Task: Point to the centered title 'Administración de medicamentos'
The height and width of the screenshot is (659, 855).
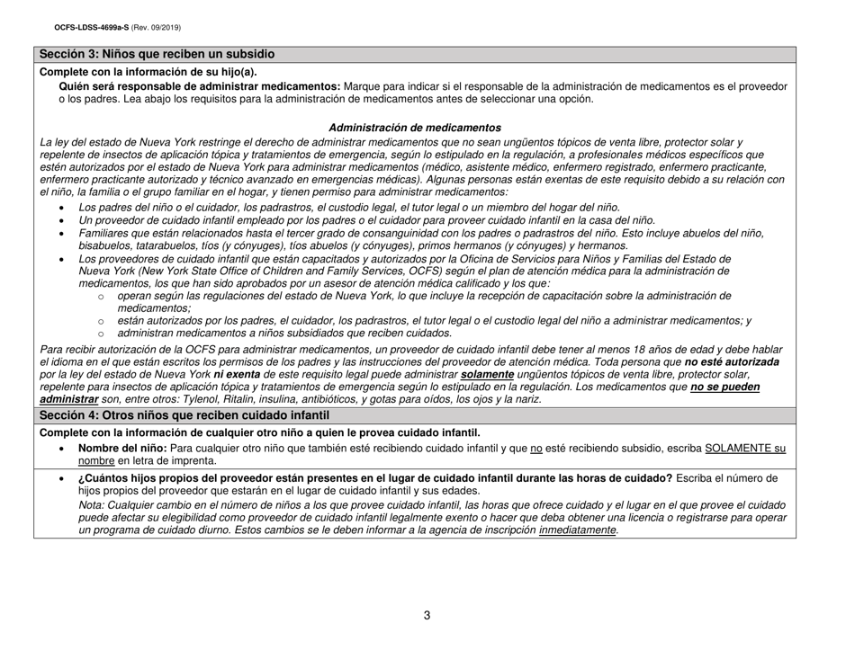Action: [415, 128]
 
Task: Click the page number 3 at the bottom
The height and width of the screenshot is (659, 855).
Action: [427, 615]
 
